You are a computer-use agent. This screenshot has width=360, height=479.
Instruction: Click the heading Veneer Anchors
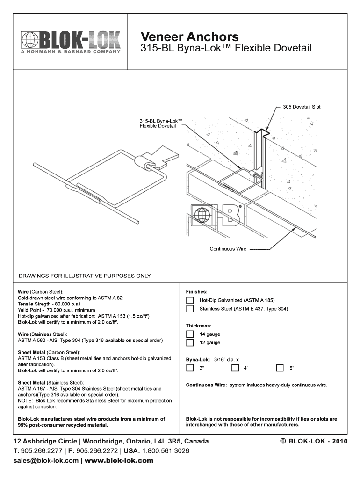[190, 36]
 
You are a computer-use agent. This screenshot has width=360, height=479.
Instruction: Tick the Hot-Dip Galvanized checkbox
[190, 300]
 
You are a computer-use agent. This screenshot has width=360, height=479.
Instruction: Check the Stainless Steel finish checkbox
[190, 309]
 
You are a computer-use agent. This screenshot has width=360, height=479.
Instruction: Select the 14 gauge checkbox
[190, 334]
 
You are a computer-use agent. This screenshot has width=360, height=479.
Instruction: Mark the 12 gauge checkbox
[190, 343]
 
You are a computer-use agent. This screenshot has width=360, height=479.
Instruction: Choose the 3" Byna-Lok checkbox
[190, 368]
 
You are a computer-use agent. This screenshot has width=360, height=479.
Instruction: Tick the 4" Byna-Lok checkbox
[236, 368]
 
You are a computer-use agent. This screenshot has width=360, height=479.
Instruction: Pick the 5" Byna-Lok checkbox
[280, 368]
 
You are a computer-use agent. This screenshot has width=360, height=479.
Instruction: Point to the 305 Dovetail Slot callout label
[302, 107]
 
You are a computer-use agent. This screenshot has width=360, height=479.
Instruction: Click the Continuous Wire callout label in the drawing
[228, 249]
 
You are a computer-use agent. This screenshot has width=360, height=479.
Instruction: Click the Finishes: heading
[196, 291]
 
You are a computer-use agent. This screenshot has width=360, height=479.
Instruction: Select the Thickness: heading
[199, 326]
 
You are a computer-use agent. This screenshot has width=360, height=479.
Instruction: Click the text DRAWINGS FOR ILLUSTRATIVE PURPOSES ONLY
[84, 276]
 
